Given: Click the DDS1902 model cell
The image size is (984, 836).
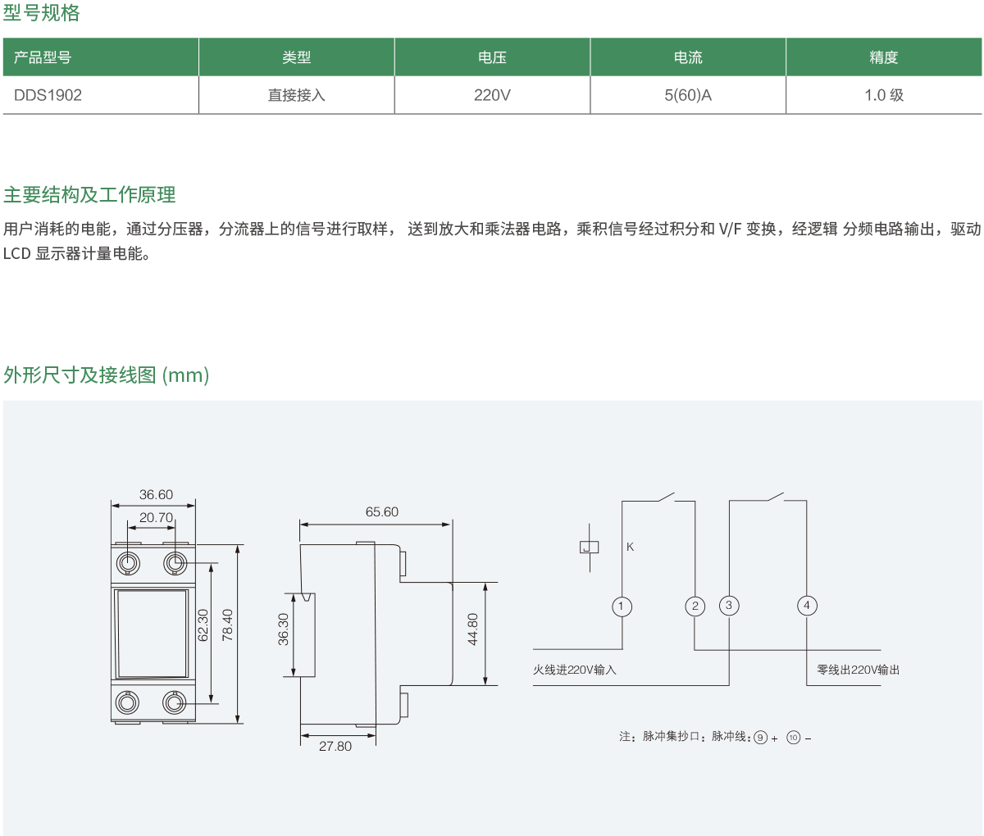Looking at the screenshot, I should (x=48, y=95).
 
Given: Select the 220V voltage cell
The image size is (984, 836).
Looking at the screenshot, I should (x=492, y=95).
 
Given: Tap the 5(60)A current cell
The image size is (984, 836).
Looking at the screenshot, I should (x=688, y=95).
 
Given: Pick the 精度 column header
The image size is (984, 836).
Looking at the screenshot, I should (x=883, y=57).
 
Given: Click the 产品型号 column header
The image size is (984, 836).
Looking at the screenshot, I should (x=43, y=57).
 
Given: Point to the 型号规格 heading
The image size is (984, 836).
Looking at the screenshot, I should (x=41, y=13).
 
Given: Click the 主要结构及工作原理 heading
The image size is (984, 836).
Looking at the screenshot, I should (x=89, y=195).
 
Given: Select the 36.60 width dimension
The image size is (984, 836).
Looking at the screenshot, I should (x=156, y=494).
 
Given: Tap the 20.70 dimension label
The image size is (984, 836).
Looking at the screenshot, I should (x=156, y=517).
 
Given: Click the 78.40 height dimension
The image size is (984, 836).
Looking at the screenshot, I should (x=228, y=625).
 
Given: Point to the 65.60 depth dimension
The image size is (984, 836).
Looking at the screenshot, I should (x=381, y=512).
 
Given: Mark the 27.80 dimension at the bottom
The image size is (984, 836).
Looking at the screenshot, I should (x=335, y=747).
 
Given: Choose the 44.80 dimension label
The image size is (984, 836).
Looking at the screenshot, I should (x=473, y=629).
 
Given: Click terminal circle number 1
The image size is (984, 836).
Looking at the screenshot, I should (x=622, y=607).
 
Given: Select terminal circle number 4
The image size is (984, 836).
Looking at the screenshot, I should (x=807, y=606).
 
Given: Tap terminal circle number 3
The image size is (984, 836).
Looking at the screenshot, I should (x=729, y=606).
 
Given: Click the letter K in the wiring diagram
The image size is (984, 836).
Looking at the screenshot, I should (x=630, y=547).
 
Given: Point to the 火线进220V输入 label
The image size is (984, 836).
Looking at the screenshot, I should (x=574, y=670).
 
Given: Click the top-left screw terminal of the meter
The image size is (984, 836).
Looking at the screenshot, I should (x=129, y=563).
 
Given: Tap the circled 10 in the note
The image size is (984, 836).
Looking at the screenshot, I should (x=793, y=738).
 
